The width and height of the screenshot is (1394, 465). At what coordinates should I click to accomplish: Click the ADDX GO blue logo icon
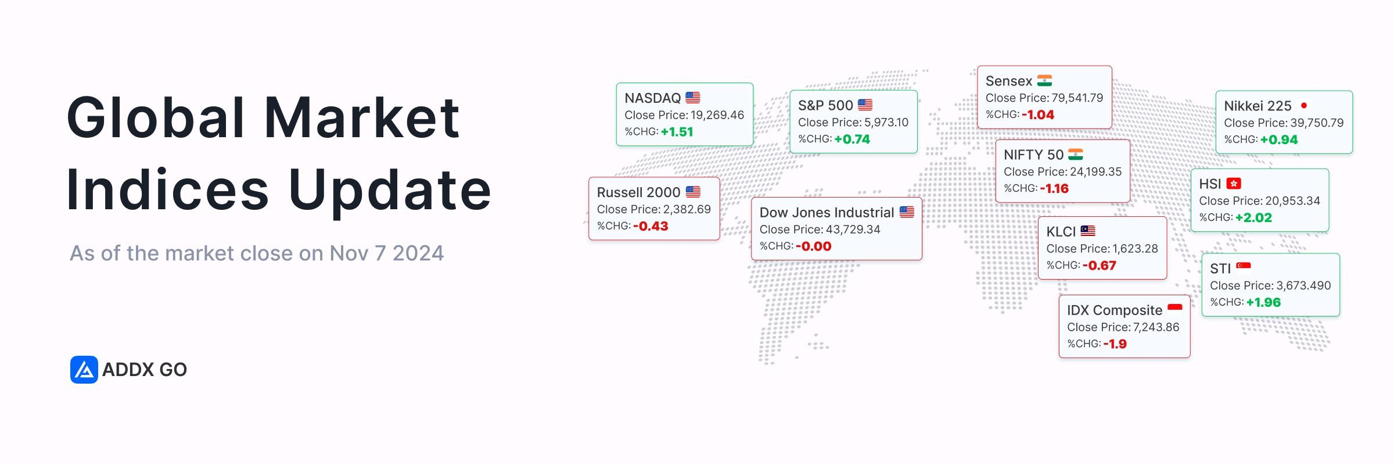tap(84, 370)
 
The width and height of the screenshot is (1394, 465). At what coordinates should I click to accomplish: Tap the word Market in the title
tap(362, 117)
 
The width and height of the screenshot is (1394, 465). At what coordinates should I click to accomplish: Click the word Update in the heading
tap(390, 190)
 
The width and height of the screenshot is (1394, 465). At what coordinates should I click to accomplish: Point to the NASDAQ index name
tap(652, 98)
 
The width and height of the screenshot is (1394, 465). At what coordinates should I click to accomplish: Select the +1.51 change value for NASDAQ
tap(677, 132)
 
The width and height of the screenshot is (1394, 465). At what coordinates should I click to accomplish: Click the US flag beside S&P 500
tap(865, 105)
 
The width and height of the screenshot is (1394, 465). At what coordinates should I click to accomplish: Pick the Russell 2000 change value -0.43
tap(651, 226)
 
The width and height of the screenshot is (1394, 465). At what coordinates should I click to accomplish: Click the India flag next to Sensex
tap(1044, 80)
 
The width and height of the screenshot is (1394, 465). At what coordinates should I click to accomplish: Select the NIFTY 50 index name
tap(1033, 155)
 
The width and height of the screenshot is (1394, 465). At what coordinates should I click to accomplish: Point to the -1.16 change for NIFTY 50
tap(1054, 188)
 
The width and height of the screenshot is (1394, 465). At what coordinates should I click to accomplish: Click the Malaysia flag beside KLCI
tap(1087, 231)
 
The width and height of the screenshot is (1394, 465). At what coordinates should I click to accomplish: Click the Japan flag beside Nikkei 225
tap(1304, 105)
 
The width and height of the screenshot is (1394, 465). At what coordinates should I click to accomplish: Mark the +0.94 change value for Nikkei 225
tap(1279, 139)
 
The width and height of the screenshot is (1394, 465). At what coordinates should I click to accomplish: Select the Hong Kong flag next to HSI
tap(1234, 183)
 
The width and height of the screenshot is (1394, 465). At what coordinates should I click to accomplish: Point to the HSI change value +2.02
tap(1253, 217)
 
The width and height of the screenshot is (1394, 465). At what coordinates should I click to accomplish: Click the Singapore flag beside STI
tap(1244, 267)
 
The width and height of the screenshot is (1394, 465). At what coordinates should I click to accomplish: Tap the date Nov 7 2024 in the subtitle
tap(386, 253)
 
